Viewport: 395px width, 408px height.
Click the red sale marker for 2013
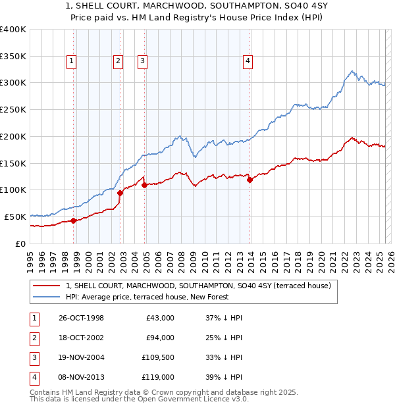pyautogui.click(x=250, y=180)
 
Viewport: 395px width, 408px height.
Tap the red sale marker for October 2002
pyautogui.click(x=120, y=193)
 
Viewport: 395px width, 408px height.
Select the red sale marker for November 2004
pyautogui.click(x=144, y=185)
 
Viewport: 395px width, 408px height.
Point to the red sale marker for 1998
pyautogui.click(x=74, y=220)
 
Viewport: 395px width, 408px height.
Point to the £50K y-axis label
pyautogui.click(x=16, y=217)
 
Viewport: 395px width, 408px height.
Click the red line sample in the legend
pyautogui.click(x=46, y=286)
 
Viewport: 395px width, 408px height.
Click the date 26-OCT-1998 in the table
pyautogui.click(x=81, y=318)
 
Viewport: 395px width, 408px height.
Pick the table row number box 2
pyautogui.click(x=34, y=338)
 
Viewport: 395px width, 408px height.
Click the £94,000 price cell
pyautogui.click(x=159, y=338)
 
